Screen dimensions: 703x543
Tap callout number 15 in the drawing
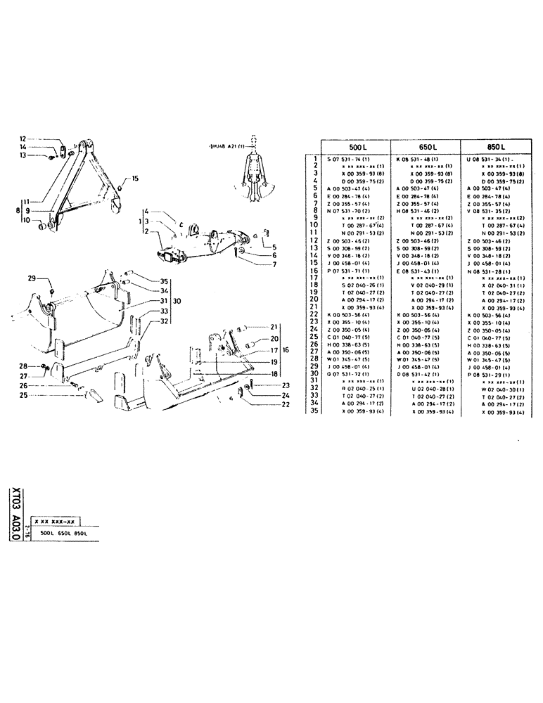(x=135, y=179)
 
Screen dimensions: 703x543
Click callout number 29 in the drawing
(x=32, y=279)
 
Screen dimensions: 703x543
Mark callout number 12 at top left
(x=23, y=138)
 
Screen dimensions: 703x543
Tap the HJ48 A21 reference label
(x=227, y=146)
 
